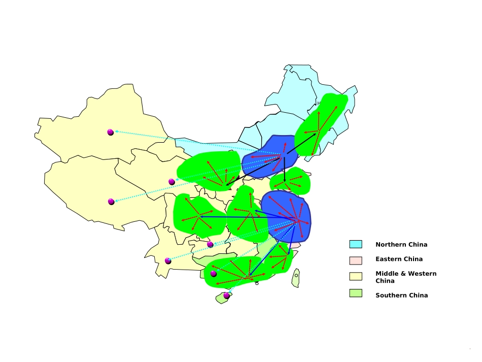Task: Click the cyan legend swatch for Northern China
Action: coord(355,244)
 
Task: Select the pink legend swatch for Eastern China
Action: coord(355,259)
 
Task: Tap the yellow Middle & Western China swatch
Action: coord(355,276)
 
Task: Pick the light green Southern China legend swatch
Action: coord(355,293)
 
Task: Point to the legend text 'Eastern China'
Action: coord(399,259)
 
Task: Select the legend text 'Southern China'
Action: coord(401,295)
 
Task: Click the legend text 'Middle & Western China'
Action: coord(405,277)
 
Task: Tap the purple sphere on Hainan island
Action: coord(226,295)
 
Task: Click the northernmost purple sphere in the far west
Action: coord(111,132)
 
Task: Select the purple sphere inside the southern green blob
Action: coord(214,274)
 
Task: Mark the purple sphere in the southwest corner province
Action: coord(168,261)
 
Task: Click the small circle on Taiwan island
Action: coord(296,276)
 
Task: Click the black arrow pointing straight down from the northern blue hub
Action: coord(285,170)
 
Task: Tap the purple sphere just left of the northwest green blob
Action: coord(171,182)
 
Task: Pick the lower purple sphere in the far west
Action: coord(111,202)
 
